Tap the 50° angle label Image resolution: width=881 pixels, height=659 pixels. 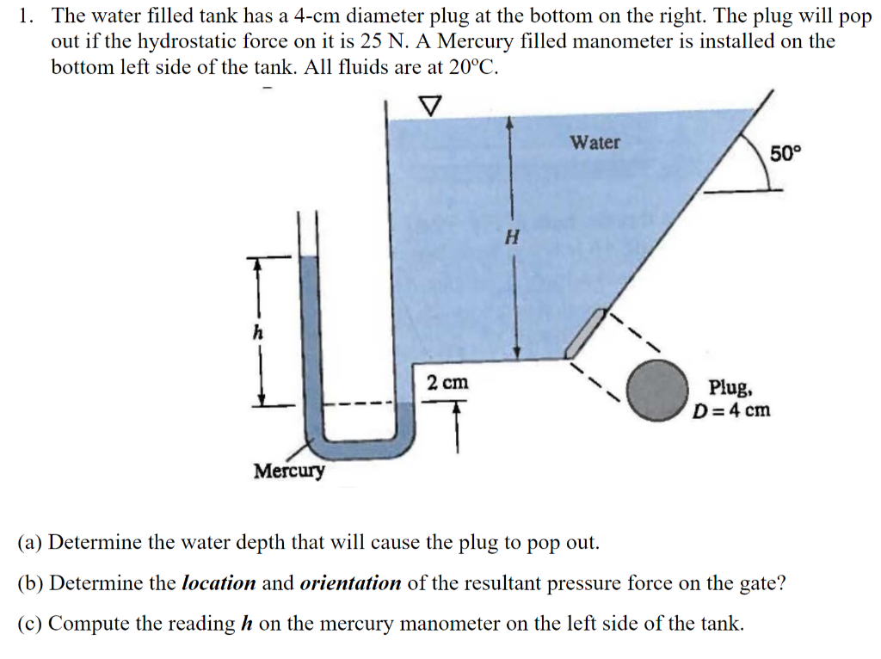tap(785, 155)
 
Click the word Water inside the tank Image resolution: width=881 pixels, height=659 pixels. tap(595, 142)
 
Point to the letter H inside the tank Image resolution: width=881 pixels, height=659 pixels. tap(511, 237)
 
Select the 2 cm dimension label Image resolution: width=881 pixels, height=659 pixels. tap(448, 382)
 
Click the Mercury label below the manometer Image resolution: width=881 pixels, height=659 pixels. tap(290, 471)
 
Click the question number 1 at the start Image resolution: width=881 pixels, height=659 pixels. tap(24, 15)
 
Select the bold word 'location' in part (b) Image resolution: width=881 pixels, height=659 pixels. tap(219, 583)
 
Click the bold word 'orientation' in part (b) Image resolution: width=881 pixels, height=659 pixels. tap(350, 583)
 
